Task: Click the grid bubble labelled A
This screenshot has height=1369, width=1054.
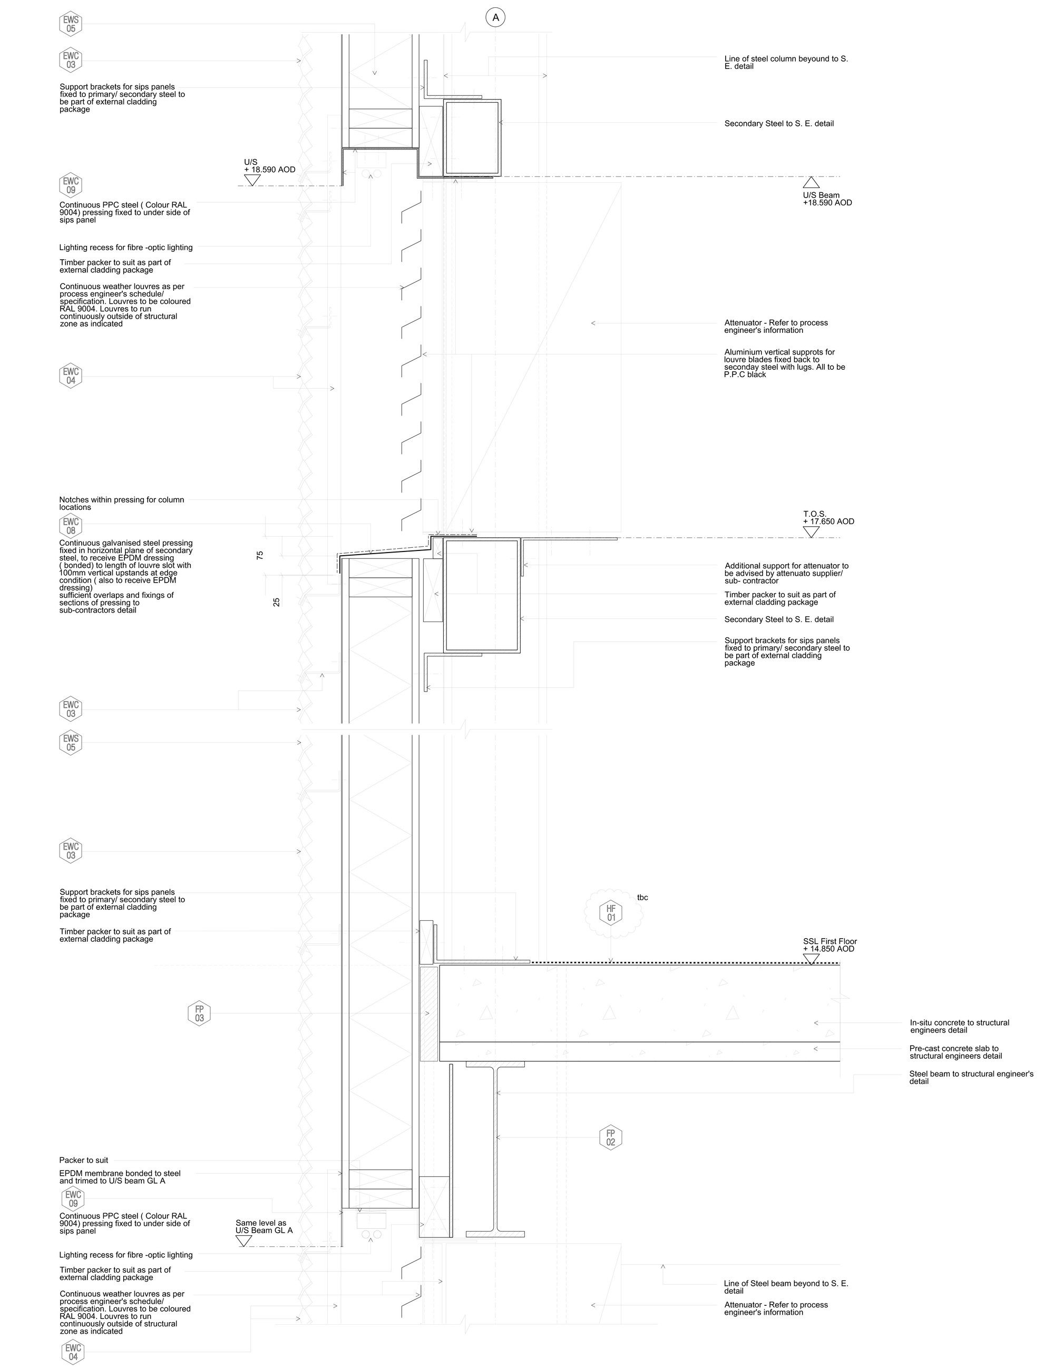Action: (495, 17)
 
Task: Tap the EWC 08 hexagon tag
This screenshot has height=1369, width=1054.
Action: (71, 526)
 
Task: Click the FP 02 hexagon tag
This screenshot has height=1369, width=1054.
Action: (611, 1137)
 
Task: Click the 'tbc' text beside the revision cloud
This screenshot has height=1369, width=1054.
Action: (643, 898)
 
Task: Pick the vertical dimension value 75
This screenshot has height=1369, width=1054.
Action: (260, 555)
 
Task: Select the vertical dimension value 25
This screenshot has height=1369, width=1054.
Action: (277, 602)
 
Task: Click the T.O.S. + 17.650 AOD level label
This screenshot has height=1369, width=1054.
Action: (828, 518)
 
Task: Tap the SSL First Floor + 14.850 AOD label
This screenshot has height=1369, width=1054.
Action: (829, 946)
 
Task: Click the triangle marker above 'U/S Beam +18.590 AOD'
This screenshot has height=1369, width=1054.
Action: (812, 182)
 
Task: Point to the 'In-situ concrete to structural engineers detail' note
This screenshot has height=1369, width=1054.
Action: (959, 1026)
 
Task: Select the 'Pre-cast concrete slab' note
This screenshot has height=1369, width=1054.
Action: (955, 1052)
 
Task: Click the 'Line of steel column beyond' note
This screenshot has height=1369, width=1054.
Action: (786, 63)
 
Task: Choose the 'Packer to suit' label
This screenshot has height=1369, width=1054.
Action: (84, 1160)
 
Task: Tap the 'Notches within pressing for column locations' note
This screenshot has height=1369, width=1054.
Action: (122, 504)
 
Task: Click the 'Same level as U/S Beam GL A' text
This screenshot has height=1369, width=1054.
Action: (264, 1227)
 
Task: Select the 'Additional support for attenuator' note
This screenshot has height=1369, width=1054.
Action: (786, 573)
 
